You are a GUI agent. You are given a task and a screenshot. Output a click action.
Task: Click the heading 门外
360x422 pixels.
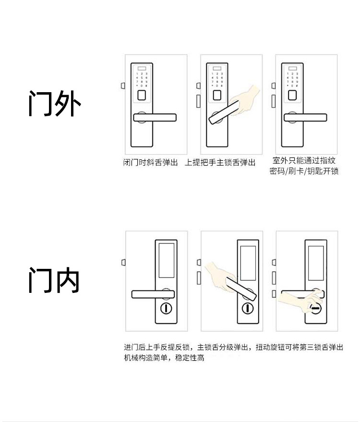(x=54, y=102)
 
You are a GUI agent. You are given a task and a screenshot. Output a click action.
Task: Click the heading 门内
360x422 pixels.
(x=53, y=279)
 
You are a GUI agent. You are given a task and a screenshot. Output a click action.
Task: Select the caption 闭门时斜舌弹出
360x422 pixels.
(x=150, y=163)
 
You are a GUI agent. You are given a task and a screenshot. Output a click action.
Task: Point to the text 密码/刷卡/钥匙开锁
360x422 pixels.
(x=304, y=171)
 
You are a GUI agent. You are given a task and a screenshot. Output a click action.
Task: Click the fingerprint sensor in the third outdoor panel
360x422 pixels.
(x=292, y=95)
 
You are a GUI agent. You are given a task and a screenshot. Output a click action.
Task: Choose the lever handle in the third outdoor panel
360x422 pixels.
(x=305, y=117)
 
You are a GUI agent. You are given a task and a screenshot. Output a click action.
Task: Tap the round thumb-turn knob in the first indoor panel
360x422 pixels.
(x=166, y=308)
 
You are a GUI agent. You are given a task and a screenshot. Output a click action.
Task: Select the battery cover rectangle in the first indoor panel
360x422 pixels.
(x=166, y=262)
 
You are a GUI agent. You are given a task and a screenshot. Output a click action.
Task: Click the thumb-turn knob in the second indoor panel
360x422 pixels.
(x=248, y=308)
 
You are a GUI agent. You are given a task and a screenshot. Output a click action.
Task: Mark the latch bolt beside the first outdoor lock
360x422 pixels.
(x=123, y=86)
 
